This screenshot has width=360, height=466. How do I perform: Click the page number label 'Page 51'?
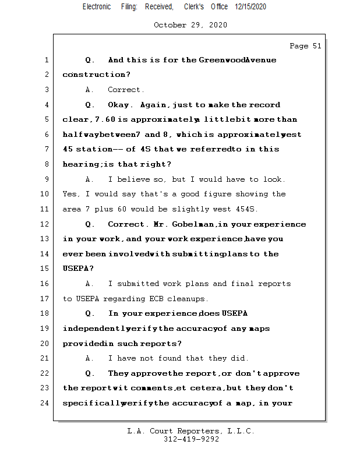[x=305, y=46]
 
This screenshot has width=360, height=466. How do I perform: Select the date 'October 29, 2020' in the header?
[x=190, y=25]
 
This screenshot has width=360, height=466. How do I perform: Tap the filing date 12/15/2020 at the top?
[x=251, y=6]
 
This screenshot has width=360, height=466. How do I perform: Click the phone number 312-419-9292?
[x=192, y=439]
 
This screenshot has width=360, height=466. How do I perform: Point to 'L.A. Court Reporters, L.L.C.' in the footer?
[x=190, y=431]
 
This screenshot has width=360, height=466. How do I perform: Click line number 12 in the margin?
[x=45, y=224]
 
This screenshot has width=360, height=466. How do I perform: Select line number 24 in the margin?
[x=45, y=403]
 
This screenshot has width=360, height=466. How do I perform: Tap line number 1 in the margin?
[x=45, y=60]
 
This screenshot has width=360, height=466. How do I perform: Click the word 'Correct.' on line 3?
[x=126, y=90]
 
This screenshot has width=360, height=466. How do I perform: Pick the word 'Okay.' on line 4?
[x=121, y=105]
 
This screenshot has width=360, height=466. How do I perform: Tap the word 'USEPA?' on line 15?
[x=76, y=269]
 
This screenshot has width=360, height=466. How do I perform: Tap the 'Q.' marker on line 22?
[x=90, y=373]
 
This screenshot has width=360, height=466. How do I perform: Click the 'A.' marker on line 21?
[x=90, y=358]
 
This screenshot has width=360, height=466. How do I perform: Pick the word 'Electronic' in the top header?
[x=97, y=6]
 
